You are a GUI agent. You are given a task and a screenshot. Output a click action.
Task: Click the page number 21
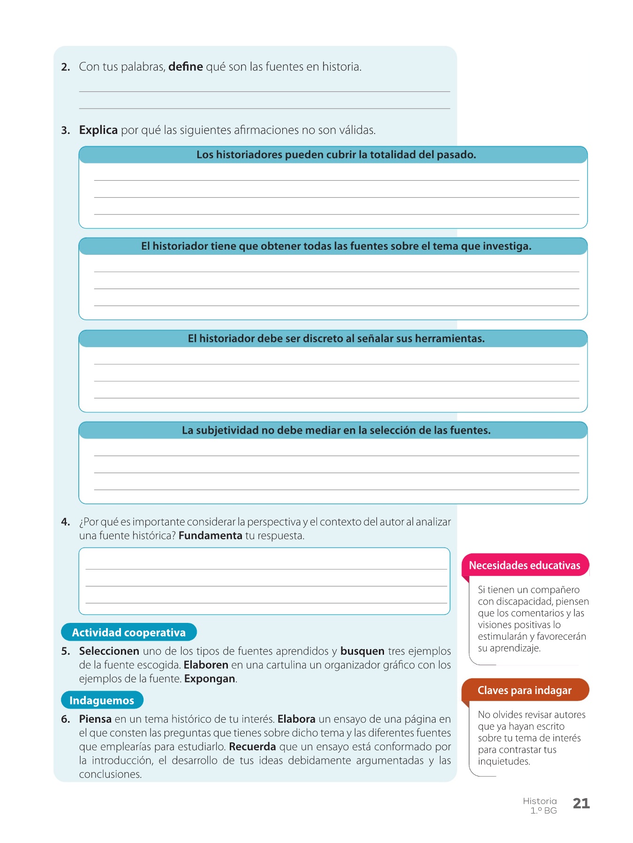(581, 803)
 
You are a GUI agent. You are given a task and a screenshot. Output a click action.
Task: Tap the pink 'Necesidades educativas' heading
(524, 565)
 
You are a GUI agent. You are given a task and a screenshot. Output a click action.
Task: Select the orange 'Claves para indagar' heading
(524, 690)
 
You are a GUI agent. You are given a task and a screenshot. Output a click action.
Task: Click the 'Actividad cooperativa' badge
(128, 632)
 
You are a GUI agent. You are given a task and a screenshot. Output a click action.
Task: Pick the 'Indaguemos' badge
(102, 700)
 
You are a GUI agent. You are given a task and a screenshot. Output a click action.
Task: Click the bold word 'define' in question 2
(185, 67)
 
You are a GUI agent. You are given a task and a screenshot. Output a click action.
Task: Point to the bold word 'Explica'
(98, 130)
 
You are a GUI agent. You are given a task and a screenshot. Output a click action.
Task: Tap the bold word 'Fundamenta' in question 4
(210, 535)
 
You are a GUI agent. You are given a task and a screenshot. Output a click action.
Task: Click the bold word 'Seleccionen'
(109, 651)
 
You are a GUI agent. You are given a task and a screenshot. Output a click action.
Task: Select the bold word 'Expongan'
(210, 679)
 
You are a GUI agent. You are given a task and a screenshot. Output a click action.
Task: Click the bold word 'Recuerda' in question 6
(252, 746)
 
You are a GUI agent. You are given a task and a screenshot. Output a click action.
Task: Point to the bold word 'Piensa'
(95, 719)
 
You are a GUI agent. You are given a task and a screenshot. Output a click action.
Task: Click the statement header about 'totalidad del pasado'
(336, 155)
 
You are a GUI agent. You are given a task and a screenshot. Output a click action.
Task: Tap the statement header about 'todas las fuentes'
(336, 246)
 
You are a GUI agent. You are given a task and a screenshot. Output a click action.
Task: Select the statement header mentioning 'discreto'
(336, 338)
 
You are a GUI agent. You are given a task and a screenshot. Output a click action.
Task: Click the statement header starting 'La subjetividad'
(336, 430)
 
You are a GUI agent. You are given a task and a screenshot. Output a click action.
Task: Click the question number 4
(66, 522)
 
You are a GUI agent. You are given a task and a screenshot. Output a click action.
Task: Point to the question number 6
(66, 719)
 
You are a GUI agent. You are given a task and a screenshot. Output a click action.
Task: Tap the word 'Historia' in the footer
(540, 801)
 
